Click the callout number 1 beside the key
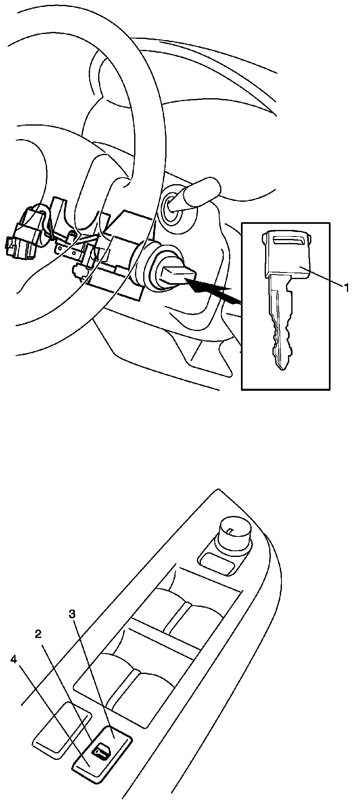pos(346,288)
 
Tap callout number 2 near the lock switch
pos(38,635)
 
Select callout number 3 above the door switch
pos(72,614)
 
